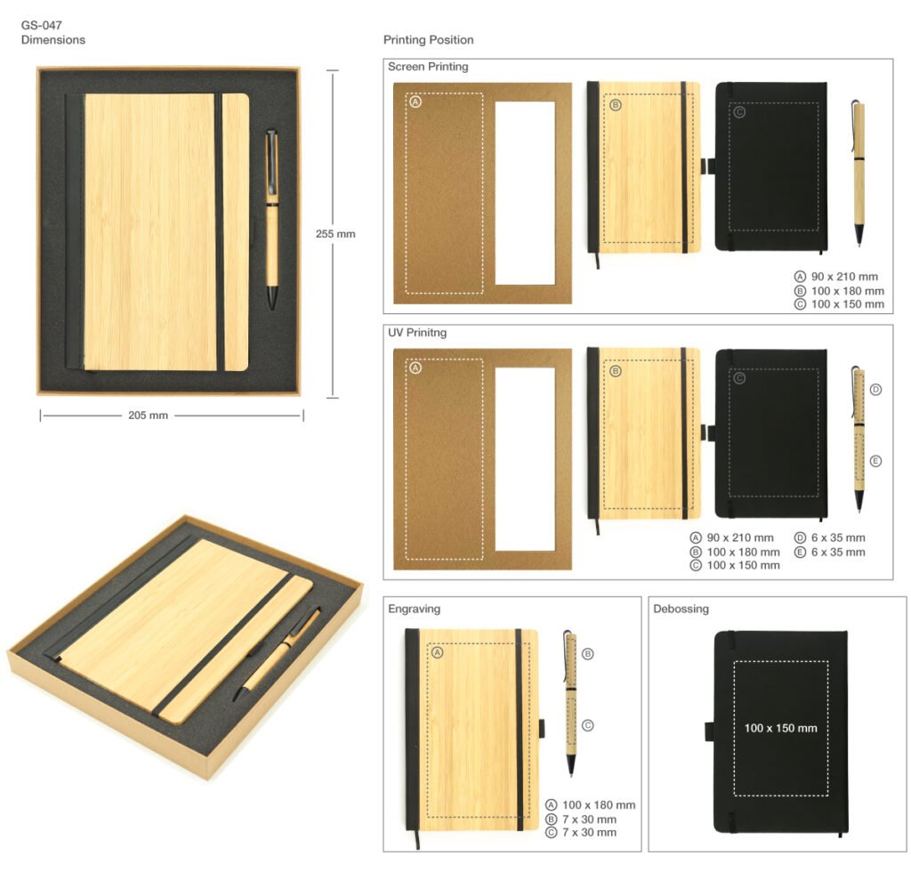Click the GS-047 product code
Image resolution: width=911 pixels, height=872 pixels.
click(41, 25)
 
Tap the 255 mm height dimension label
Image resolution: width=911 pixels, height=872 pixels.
click(335, 234)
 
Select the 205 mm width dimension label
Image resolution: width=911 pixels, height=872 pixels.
click(149, 416)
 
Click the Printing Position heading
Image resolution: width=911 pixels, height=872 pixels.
click(428, 40)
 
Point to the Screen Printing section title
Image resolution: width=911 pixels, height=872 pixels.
click(428, 67)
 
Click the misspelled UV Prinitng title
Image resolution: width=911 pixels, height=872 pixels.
click(417, 333)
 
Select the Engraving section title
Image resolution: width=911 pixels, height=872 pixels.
click(415, 609)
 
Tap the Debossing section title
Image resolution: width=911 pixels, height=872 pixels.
click(681, 609)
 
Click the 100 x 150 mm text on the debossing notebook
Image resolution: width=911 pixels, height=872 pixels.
click(781, 728)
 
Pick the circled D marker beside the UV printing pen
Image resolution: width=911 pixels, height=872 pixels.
click(875, 390)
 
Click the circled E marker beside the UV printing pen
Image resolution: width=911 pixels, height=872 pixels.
click(875, 461)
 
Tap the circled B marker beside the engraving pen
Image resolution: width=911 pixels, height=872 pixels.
click(587, 654)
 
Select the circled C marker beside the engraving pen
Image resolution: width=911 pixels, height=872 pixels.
click(587, 725)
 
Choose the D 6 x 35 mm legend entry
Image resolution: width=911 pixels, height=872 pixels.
click(830, 538)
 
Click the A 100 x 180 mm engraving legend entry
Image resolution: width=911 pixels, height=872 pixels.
click(591, 805)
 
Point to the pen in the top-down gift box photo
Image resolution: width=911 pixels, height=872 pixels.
click(272, 219)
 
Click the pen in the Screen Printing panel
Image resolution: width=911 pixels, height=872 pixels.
click(859, 174)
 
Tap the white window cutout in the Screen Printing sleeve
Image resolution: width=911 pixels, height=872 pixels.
click(525, 193)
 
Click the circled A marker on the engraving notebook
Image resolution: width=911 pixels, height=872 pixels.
click(437, 653)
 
